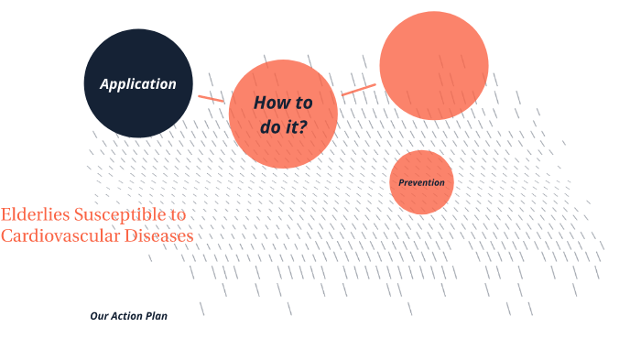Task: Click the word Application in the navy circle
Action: click(x=137, y=84)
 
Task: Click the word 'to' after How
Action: click(x=304, y=103)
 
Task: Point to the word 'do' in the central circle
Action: click(x=269, y=127)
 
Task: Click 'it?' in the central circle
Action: click(x=296, y=127)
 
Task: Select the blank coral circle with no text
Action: click(x=433, y=65)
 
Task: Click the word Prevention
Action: click(x=421, y=182)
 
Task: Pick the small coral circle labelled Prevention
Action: click(x=421, y=200)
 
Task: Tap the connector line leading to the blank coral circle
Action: click(x=358, y=90)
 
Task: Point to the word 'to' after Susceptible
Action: click(x=178, y=215)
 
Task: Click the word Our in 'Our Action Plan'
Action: click(x=99, y=316)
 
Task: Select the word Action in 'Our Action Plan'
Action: click(x=127, y=316)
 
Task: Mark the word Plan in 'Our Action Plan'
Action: click(x=157, y=316)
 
